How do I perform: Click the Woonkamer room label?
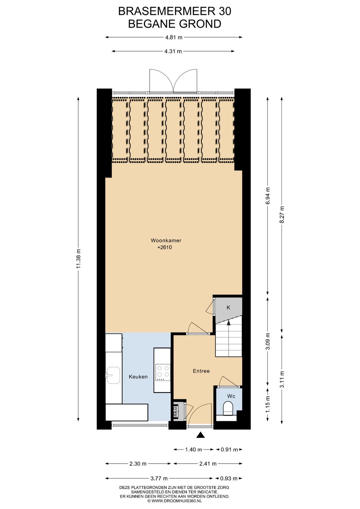pyautogui.click(x=166, y=240)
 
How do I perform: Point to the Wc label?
pyautogui.click(x=231, y=396)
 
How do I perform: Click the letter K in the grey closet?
pyautogui.click(x=228, y=308)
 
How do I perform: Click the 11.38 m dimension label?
pyautogui.click(x=79, y=259)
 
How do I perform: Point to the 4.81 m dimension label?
pyautogui.click(x=174, y=37)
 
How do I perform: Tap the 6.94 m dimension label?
pyautogui.click(x=268, y=196)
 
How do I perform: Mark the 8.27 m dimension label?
pyautogui.click(x=282, y=215)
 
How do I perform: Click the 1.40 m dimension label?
pyautogui.click(x=194, y=450)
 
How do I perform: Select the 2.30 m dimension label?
pyautogui.click(x=138, y=464)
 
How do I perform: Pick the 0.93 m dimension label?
pyautogui.click(x=228, y=478)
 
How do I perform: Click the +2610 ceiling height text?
pyautogui.click(x=165, y=247)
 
